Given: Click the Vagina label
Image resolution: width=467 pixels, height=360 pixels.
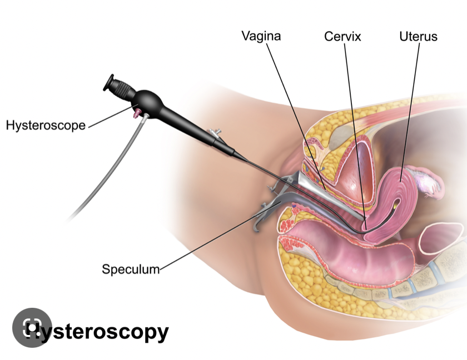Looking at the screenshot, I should [x=261, y=37].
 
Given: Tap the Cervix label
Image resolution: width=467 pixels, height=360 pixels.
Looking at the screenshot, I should [x=342, y=37].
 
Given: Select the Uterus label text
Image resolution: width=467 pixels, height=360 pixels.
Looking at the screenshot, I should [x=418, y=37].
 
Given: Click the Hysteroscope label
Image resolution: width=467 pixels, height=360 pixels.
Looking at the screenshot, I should [x=46, y=125].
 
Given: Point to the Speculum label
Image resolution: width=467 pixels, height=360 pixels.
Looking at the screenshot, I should [x=131, y=269].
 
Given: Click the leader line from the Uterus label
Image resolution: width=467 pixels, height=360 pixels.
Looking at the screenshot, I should [x=409, y=111].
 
